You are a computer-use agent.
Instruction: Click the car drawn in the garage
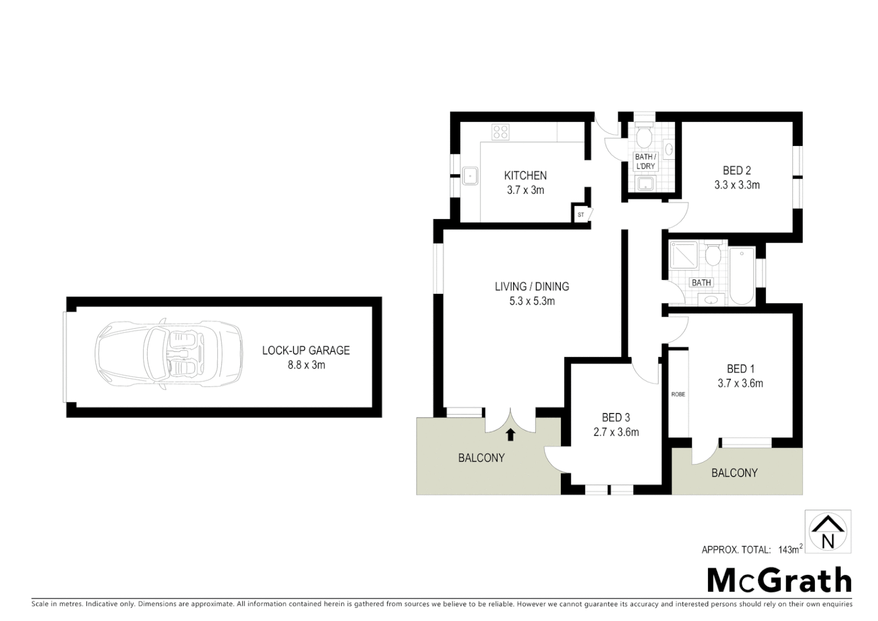click(169, 355)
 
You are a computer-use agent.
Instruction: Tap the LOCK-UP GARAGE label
click(306, 350)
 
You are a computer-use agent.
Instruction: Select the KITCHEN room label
click(525, 175)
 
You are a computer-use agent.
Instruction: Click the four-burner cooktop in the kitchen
click(500, 132)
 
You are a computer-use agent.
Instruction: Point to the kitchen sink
click(471, 175)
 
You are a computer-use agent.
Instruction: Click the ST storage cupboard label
click(580, 214)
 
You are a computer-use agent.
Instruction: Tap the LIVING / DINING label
click(532, 286)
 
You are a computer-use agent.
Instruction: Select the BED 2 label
click(737, 170)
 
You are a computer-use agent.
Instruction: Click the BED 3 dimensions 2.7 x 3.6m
click(616, 432)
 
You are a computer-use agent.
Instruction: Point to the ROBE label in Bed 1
click(678, 394)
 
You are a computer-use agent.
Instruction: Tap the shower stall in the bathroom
click(684, 255)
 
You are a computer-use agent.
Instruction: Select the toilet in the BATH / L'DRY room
click(644, 135)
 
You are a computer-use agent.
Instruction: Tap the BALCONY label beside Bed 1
click(734, 473)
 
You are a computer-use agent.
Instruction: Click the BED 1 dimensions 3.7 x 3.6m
click(740, 384)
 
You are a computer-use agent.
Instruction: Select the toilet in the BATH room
click(713, 255)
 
